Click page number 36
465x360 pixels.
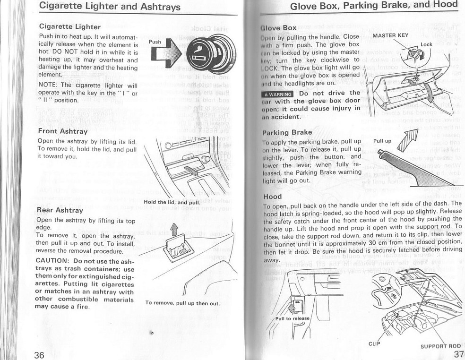[x=41, y=354]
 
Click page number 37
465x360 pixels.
[x=458, y=354]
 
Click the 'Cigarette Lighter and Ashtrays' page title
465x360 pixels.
[x=110, y=7]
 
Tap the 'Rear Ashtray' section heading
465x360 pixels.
[x=60, y=210]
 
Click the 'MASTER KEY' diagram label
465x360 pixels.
[x=390, y=35]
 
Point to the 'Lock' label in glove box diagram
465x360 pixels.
[x=426, y=44]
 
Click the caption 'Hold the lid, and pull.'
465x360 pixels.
[x=172, y=203]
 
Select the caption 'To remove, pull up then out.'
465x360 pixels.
[x=182, y=303]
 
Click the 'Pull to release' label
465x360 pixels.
[x=292, y=318]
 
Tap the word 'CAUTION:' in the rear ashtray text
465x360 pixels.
[x=52, y=261]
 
